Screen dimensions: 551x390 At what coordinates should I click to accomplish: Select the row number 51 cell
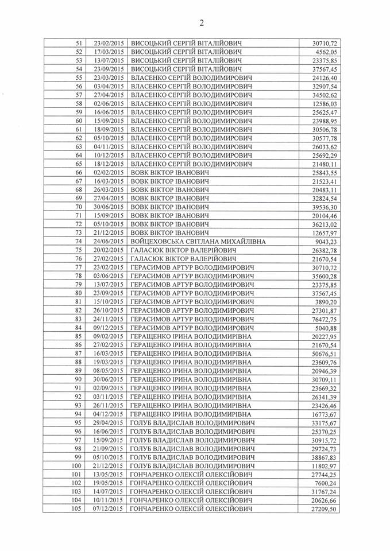pyautogui.click(x=79, y=43)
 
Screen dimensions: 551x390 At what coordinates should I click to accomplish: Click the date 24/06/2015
pyautogui.click(x=108, y=242)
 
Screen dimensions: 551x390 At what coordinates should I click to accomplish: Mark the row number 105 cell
pyautogui.click(x=77, y=509)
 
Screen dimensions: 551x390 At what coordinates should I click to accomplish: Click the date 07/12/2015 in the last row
pyautogui.click(x=108, y=509)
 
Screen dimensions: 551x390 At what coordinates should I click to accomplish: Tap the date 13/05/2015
pyautogui.click(x=108, y=474)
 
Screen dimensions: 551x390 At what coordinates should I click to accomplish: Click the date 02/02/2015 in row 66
pyautogui.click(x=108, y=172)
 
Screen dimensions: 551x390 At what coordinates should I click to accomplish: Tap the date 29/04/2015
pyautogui.click(x=108, y=422)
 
